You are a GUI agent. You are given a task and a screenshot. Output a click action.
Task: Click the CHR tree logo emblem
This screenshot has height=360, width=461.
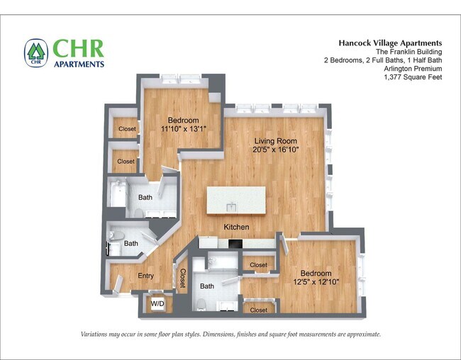pos(36,53)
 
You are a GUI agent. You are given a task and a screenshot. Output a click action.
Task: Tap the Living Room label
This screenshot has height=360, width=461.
pos(275,141)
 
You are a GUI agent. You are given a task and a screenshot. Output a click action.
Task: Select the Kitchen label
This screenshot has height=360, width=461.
pos(236,227)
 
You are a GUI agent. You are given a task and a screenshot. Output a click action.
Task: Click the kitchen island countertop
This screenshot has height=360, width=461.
pos(236,201)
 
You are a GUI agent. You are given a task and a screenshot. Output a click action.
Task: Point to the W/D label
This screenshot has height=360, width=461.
pos(157,303)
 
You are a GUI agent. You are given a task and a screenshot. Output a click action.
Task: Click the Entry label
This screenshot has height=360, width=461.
pos(146,276)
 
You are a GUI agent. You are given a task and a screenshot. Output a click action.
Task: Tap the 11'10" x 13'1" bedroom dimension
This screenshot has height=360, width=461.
pos(184,128)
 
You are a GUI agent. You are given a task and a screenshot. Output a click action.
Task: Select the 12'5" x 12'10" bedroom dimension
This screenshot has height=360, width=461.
pos(316,282)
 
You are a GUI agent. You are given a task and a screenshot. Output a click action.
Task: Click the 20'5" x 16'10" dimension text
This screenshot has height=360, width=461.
pos(275,150)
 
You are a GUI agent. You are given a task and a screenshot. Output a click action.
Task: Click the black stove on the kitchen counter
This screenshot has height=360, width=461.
pos(235,244)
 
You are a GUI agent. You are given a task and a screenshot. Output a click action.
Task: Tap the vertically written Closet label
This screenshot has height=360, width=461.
pos(183,278)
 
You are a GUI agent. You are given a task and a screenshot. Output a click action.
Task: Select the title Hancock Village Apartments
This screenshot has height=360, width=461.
pos(390,43)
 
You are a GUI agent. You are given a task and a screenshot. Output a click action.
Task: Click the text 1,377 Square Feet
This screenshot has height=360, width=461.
pos(413,77)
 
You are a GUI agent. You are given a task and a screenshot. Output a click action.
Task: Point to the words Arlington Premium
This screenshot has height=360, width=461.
pos(413,69)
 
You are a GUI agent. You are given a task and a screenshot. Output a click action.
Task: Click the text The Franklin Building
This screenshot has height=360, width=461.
pos(409,52)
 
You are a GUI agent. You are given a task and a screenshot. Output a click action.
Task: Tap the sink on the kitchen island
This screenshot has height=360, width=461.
pos(231,207)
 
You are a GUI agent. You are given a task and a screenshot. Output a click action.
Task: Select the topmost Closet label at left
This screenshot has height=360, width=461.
pos(127,129)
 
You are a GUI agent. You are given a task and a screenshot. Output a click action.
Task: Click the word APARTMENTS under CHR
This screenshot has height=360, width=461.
pos(79,64)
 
